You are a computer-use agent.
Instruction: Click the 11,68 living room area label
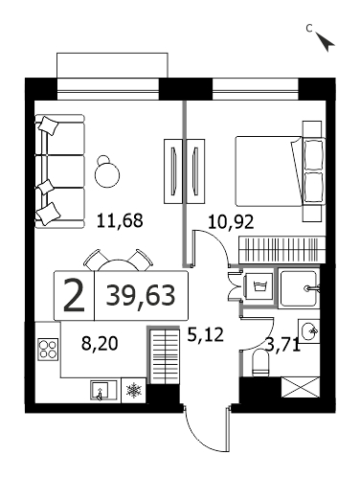(120, 221)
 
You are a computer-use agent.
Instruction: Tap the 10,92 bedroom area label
(231, 221)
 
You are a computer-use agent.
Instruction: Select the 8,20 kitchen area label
(100, 344)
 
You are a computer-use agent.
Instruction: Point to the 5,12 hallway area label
(205, 335)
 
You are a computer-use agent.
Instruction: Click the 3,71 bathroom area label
(283, 345)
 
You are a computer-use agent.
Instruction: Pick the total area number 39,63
(141, 295)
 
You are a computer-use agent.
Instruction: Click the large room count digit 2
(74, 295)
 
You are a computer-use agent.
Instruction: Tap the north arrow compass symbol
(326, 41)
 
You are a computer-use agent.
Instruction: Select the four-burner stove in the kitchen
(48, 350)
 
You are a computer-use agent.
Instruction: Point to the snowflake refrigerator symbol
(134, 391)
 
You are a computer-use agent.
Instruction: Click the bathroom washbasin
(309, 331)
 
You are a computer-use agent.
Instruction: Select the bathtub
(299, 288)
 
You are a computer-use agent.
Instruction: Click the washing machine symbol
(259, 286)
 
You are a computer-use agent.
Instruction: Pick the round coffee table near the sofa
(107, 173)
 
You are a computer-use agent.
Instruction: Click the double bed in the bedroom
(281, 171)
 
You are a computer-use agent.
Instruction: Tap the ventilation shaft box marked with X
(300, 387)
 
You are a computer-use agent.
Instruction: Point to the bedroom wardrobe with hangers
(282, 249)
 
